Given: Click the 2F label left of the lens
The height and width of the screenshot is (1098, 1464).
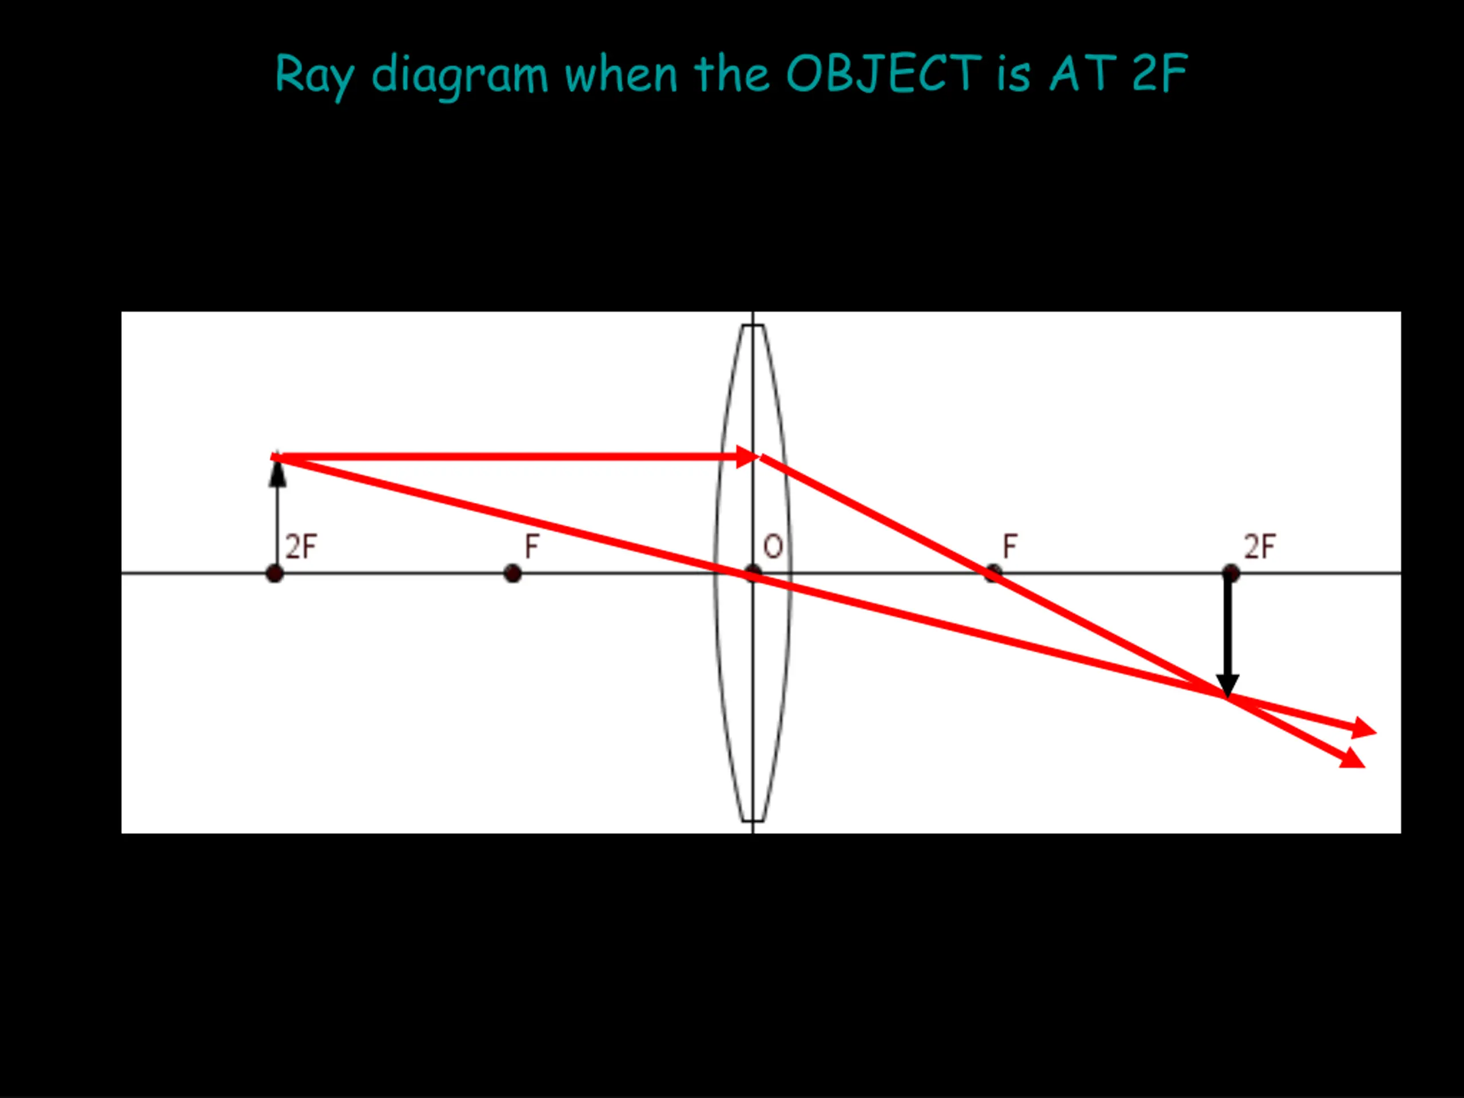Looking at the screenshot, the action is pos(301,547).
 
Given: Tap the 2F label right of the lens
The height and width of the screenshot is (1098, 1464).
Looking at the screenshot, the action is pos(1259,547).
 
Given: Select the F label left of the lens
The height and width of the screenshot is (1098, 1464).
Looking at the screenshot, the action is pos(531,547).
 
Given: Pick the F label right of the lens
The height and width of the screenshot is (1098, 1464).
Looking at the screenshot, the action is pos(1009,547).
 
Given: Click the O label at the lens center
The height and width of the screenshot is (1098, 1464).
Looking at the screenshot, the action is pos(773,547).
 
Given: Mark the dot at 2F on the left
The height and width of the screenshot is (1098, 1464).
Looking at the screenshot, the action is pos(274,573).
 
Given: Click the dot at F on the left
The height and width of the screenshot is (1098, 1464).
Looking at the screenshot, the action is pos(512,573).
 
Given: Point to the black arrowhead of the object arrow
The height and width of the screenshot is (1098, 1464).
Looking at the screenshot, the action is pos(277,472).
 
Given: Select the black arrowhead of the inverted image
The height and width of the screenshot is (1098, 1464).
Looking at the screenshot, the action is pos(1228,685).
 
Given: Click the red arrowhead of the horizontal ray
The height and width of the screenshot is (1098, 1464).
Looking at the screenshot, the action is pos(748,457).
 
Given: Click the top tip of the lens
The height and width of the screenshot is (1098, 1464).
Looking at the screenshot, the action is pos(753,325).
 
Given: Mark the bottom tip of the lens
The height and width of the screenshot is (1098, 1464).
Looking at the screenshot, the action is pos(753,821).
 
